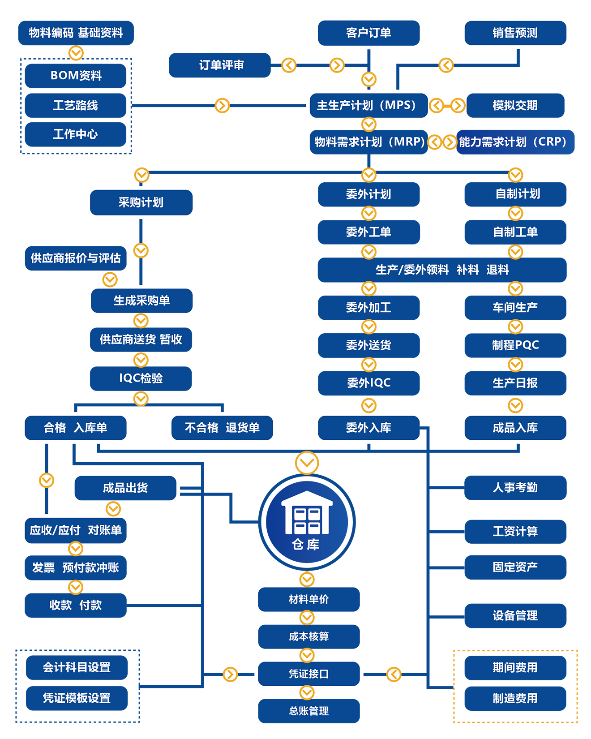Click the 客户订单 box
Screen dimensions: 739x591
pos(368,33)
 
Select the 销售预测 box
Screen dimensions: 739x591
pos(515,33)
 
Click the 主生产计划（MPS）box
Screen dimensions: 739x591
pos(368,105)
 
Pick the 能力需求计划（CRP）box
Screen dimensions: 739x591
pos(515,142)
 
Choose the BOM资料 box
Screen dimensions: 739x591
pos(76,76)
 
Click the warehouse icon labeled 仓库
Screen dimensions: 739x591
pos(307,522)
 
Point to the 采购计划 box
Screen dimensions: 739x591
pos(141,202)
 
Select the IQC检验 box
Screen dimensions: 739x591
pos(141,378)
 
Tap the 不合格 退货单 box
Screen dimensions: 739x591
pos(222,428)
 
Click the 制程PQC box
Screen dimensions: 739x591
pos(515,345)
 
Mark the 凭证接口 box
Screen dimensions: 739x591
pos(309,674)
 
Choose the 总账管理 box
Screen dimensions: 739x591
pos(309,711)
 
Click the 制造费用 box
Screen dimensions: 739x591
pos(515,698)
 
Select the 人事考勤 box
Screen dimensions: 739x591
pos(515,487)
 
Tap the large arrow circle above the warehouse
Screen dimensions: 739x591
pos(307,462)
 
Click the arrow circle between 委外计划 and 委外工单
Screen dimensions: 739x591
pos(368,213)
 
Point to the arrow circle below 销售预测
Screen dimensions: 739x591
pos(446,65)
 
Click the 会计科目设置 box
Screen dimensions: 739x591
pos(77,667)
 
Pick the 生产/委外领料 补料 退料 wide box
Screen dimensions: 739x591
pos(442,270)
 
